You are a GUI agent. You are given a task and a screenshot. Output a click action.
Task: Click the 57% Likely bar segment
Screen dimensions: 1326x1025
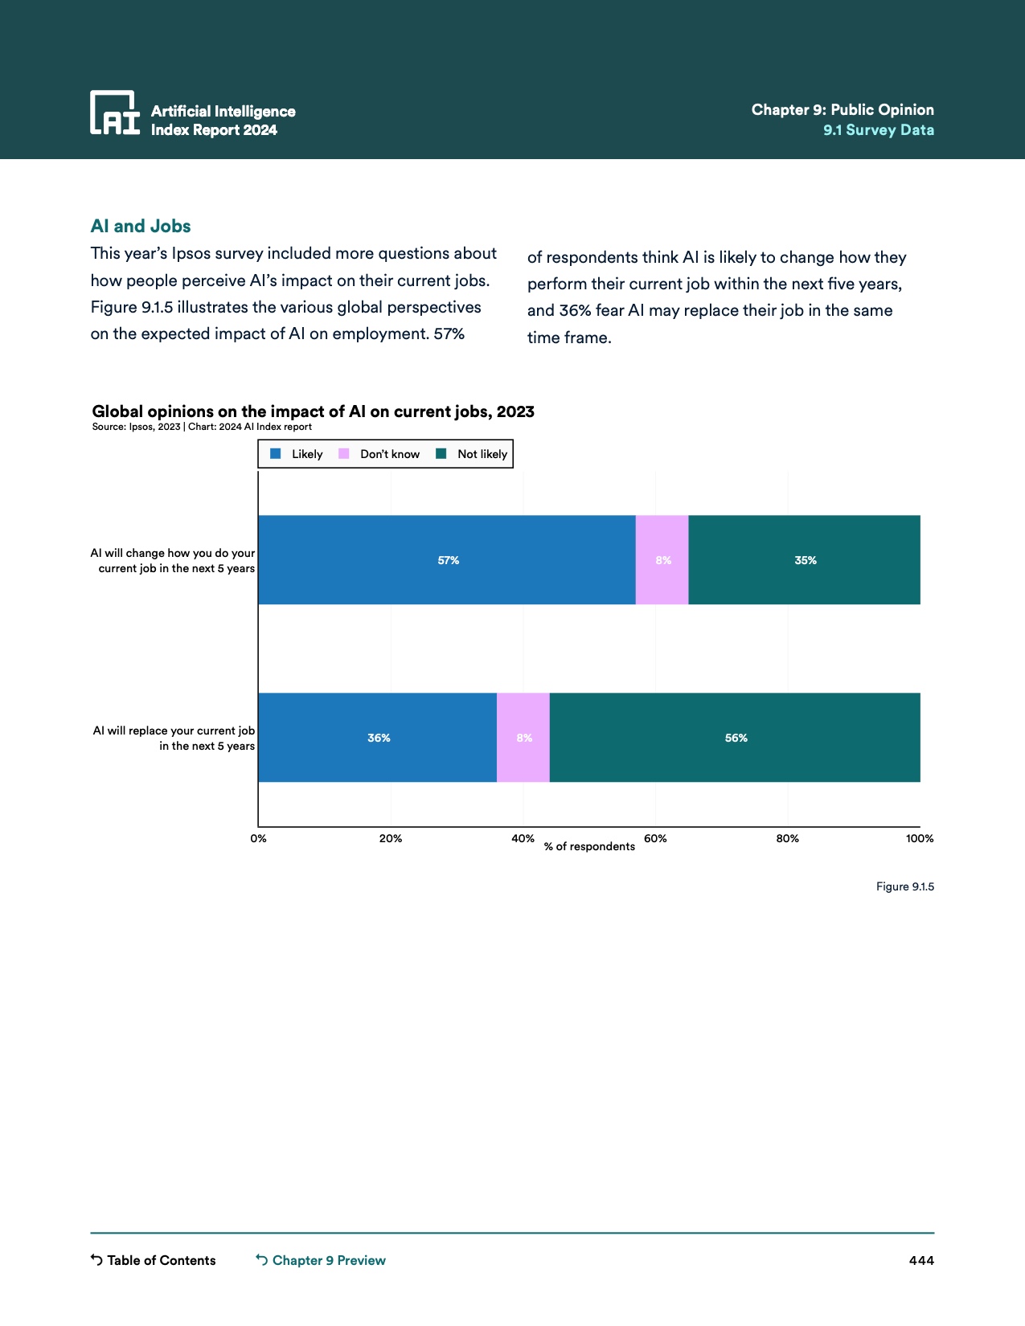click(447, 560)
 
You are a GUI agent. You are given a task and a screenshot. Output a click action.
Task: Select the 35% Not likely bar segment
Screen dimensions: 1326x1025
click(804, 560)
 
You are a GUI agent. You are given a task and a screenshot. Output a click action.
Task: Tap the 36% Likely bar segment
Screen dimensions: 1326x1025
click(378, 738)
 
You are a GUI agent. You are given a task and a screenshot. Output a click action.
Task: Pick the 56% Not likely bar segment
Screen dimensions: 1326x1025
click(735, 738)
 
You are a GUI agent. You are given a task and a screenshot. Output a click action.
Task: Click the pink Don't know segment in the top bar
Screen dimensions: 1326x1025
click(662, 560)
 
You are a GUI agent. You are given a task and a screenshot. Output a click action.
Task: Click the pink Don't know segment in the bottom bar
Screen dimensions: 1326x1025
click(523, 738)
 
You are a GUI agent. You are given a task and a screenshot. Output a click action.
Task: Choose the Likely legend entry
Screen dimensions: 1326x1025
click(297, 454)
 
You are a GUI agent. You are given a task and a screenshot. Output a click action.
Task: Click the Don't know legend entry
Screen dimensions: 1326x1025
click(380, 454)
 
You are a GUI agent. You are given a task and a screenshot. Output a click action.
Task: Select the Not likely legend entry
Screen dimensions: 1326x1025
click(473, 454)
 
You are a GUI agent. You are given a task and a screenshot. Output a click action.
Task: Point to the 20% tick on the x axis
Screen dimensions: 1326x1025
click(391, 838)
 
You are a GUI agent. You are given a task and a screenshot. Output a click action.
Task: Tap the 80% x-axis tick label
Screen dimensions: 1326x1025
click(788, 838)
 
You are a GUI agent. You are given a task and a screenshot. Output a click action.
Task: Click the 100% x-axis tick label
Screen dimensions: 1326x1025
click(920, 838)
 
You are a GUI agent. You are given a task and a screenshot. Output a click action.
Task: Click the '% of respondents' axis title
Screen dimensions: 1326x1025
click(589, 846)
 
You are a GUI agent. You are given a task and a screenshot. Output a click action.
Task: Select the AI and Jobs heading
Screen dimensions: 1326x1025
click(141, 226)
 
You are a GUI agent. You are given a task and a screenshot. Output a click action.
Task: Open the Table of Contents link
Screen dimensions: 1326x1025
click(154, 1260)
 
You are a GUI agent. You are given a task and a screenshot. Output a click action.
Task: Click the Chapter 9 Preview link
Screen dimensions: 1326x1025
click(321, 1260)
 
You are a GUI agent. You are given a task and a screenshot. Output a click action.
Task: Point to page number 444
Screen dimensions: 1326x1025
click(921, 1260)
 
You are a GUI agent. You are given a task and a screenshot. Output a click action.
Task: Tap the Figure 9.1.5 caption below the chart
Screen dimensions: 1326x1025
click(905, 886)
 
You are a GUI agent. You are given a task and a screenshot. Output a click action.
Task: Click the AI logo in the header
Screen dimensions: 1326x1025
click(115, 113)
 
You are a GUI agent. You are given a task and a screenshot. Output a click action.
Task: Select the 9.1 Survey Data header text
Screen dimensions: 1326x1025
click(879, 130)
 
